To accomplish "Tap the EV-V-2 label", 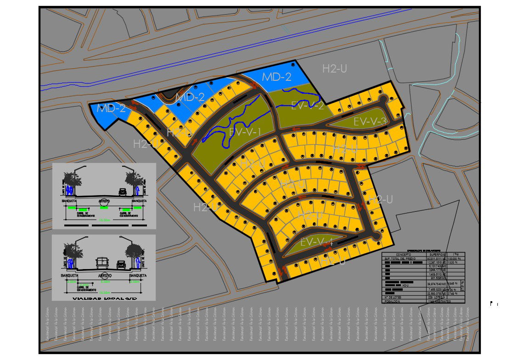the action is pyautogui.click(x=308, y=106).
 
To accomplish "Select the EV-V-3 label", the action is pyautogui.click(x=370, y=122).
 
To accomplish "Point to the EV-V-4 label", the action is pyautogui.click(x=317, y=242).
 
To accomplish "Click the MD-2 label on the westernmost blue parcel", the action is pyautogui.click(x=111, y=108).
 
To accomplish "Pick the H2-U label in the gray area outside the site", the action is pyautogui.click(x=334, y=69).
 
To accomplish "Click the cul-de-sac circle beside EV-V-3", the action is pyautogui.click(x=383, y=98).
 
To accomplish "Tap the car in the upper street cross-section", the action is pyautogui.click(x=122, y=191).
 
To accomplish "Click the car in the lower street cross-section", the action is pyautogui.click(x=120, y=264).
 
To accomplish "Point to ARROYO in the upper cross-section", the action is pyautogui.click(x=104, y=201).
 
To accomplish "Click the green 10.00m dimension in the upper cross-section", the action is pyautogui.click(x=104, y=220).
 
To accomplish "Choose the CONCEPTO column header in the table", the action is pyautogui.click(x=404, y=254).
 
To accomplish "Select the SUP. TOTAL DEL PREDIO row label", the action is pyautogui.click(x=404, y=259).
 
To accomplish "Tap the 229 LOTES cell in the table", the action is pyautogui.click(x=436, y=298).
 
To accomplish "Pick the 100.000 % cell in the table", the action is pyautogui.click(x=455, y=259).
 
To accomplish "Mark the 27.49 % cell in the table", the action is pyautogui.click(x=453, y=293).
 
